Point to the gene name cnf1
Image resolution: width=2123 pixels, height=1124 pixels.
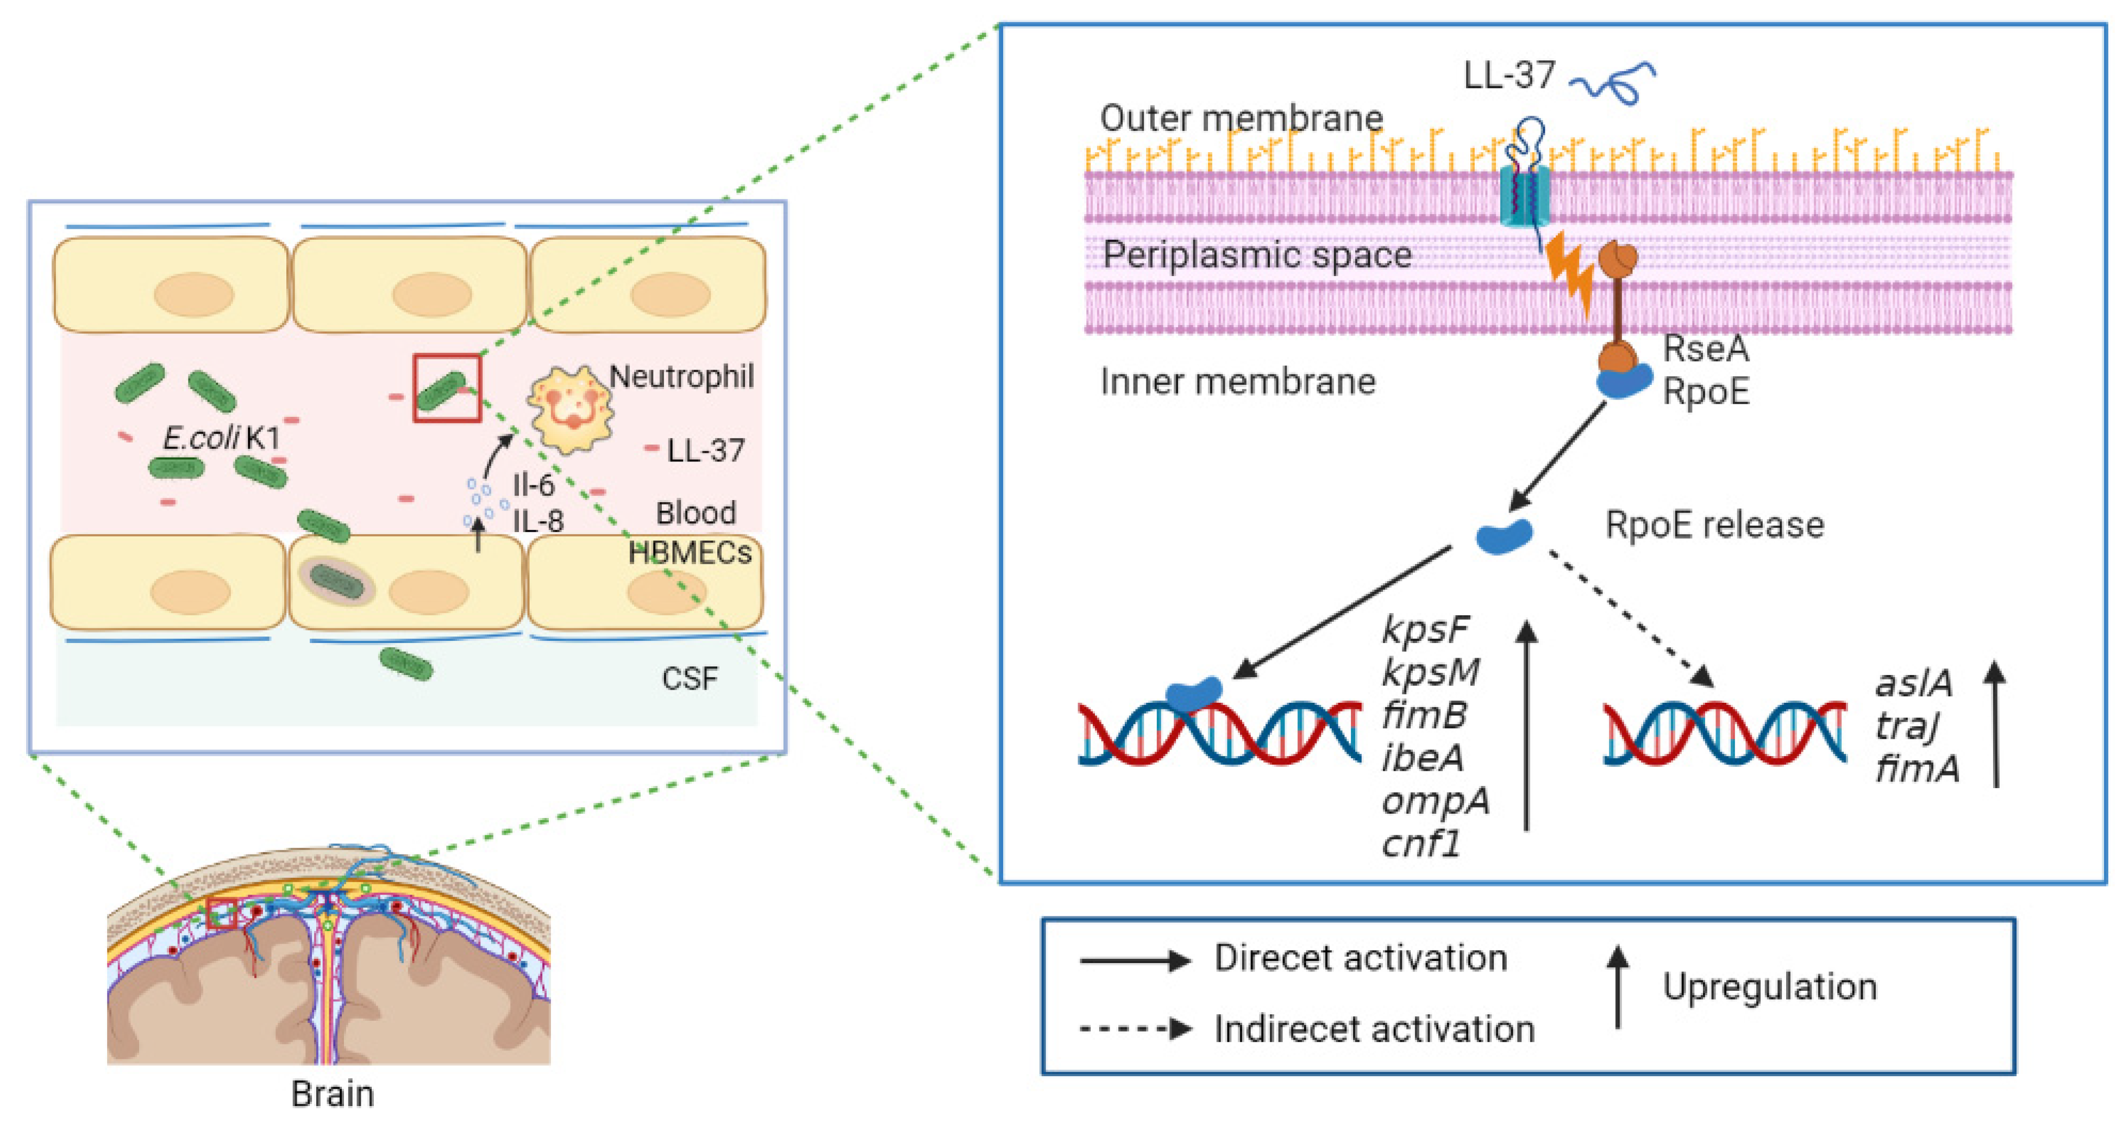click(1421, 844)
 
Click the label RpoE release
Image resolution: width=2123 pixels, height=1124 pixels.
click(1714, 525)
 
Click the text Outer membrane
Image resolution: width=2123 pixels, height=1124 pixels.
click(1241, 118)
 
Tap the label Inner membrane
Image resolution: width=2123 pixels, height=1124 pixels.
click(1237, 382)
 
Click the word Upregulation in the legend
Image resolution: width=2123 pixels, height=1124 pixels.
click(1769, 987)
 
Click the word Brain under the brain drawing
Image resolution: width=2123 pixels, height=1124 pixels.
click(332, 1094)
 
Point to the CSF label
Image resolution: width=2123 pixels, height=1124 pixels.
click(689, 679)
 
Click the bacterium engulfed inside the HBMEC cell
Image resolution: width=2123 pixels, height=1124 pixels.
click(336, 583)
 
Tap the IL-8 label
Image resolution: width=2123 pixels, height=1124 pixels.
click(538, 521)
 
